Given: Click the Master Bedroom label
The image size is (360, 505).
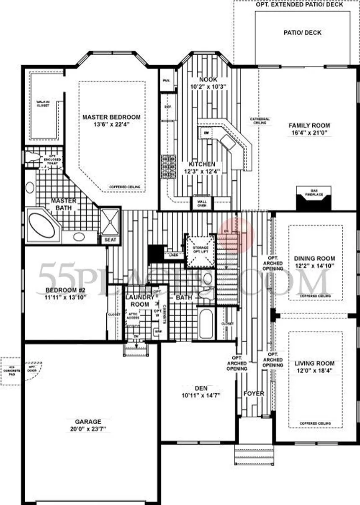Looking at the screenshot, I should point(111,117).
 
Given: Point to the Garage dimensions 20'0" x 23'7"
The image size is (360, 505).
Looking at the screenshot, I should point(88,429).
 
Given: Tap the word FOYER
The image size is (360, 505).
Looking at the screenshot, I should point(254,394).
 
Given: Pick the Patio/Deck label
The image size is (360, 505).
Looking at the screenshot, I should point(302,33).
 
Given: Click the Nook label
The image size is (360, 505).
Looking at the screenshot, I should point(208,79).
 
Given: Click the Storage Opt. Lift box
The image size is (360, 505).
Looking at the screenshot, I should point(200,251).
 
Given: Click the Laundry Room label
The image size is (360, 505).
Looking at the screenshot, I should point(139,300).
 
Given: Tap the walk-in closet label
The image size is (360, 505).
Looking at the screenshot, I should point(42,103).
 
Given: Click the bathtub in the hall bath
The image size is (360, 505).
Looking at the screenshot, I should point(206,323).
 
